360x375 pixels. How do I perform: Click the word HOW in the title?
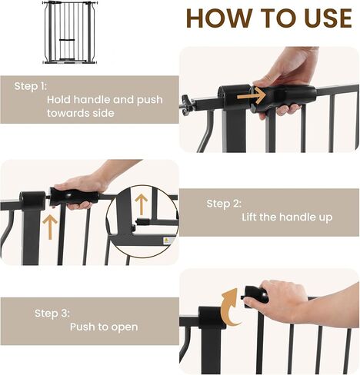coord(218,18)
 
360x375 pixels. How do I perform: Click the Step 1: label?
coord(31,86)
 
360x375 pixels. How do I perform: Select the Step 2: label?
coord(224,204)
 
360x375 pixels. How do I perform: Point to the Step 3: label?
coord(52,313)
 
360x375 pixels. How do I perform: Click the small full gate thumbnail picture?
coord(70,32)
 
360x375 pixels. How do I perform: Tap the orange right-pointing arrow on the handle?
coord(252,96)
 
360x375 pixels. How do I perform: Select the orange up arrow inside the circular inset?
coord(141,204)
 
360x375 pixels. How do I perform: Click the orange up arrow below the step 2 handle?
coord(50,227)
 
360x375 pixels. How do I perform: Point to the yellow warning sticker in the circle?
coord(166,241)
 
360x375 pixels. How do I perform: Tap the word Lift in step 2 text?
coord(249,217)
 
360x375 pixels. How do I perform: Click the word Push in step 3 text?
coord(82,327)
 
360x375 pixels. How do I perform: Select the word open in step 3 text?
coord(125,327)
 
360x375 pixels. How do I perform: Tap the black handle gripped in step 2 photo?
coord(74,197)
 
